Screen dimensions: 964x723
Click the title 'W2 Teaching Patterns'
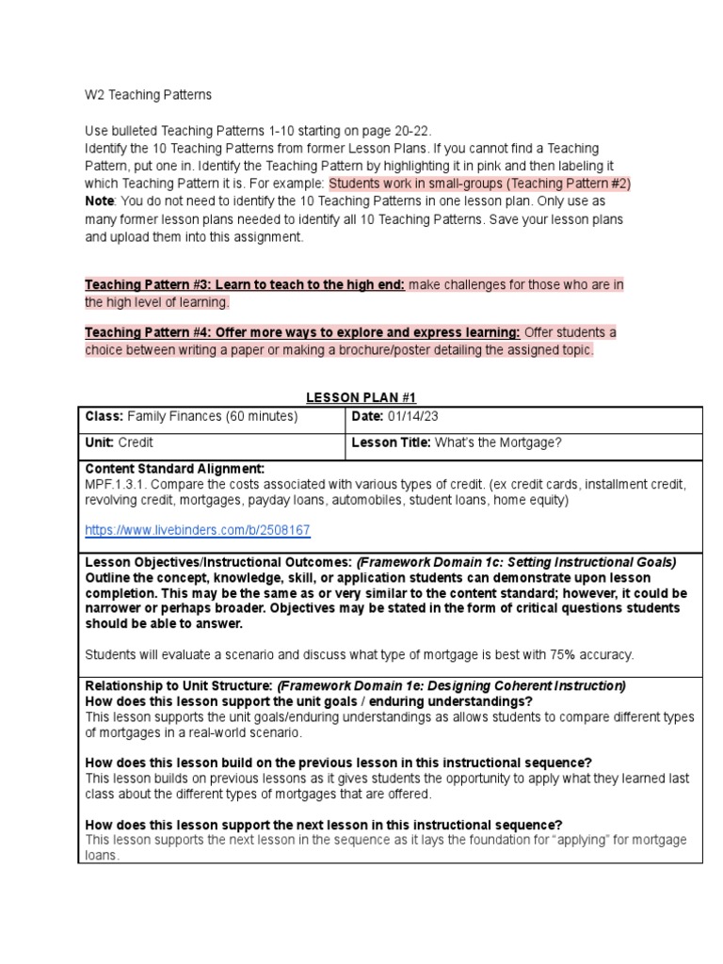(148, 95)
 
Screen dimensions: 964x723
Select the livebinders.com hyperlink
(198, 531)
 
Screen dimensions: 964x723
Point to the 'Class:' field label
(104, 416)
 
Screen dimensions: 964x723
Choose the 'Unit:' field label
(101, 442)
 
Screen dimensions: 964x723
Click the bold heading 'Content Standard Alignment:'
(175, 469)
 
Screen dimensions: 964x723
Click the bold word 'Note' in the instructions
(101, 201)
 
